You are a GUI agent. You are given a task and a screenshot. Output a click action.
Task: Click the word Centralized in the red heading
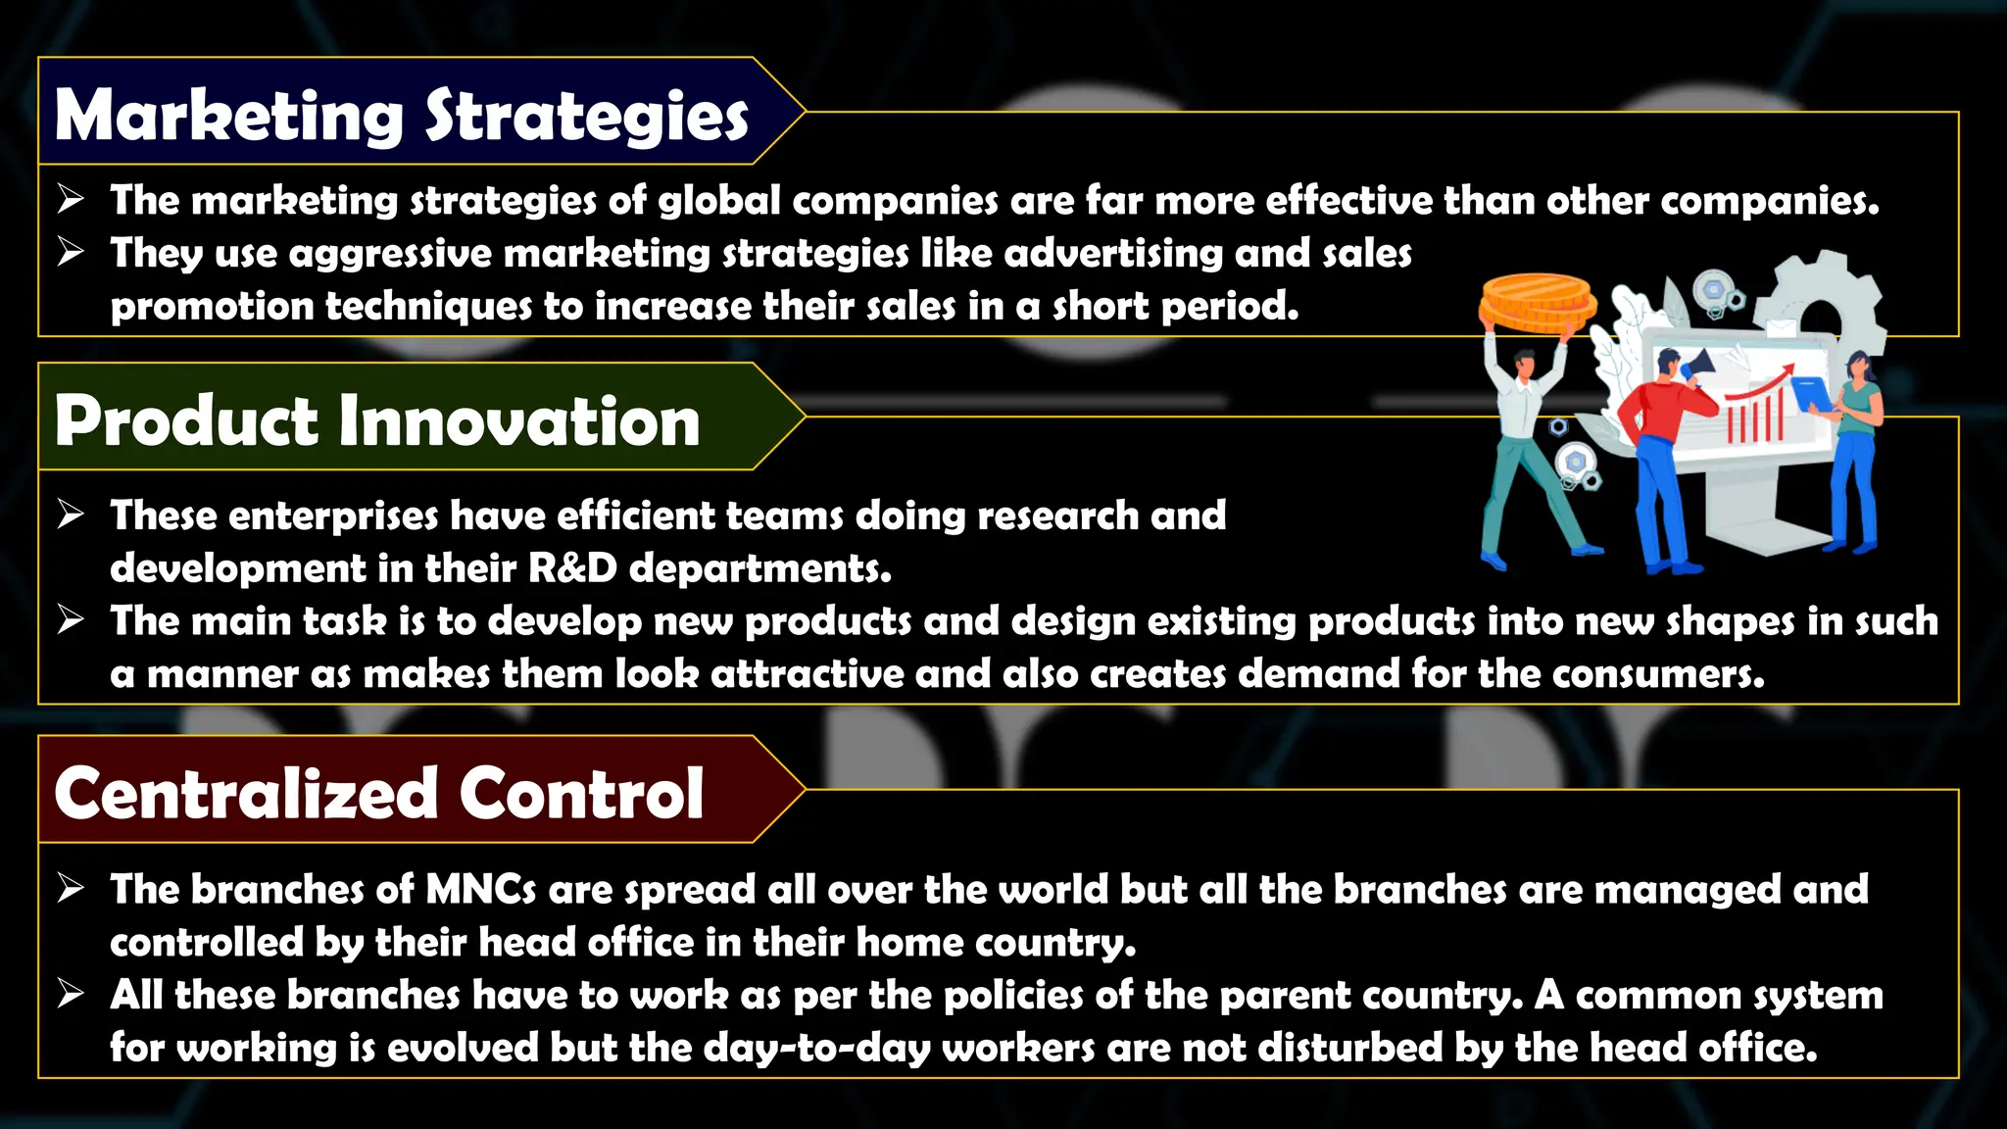pos(246,793)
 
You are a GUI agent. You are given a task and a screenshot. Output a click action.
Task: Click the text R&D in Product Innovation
pos(573,568)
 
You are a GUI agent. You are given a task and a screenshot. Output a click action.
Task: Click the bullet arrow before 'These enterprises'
pos(71,514)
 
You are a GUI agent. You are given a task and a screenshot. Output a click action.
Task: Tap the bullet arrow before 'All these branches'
pos(71,994)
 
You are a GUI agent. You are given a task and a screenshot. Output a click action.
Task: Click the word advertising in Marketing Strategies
pos(1113,254)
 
